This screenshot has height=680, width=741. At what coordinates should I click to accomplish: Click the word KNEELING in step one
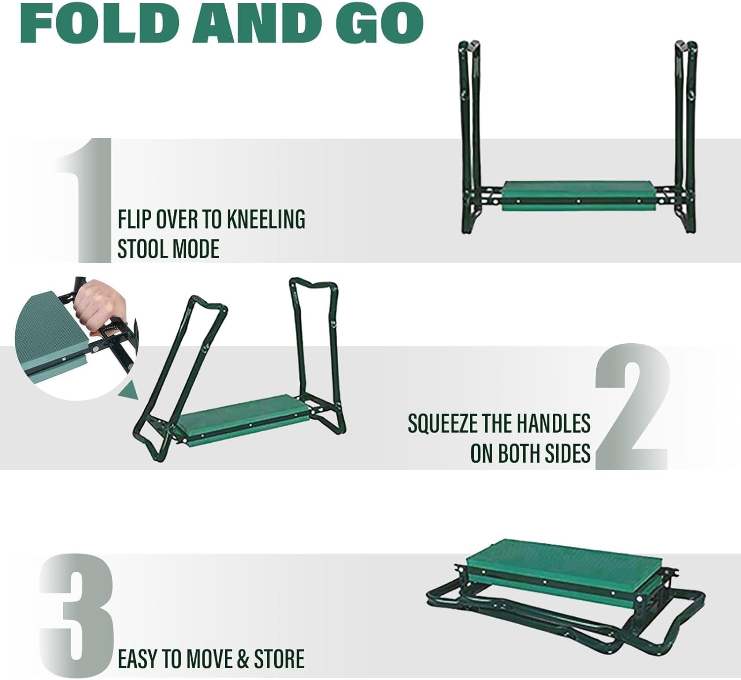coord(266,219)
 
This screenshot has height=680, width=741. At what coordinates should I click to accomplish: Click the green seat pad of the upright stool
coord(578,196)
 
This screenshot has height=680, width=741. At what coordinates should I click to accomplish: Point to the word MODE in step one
coord(196,248)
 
